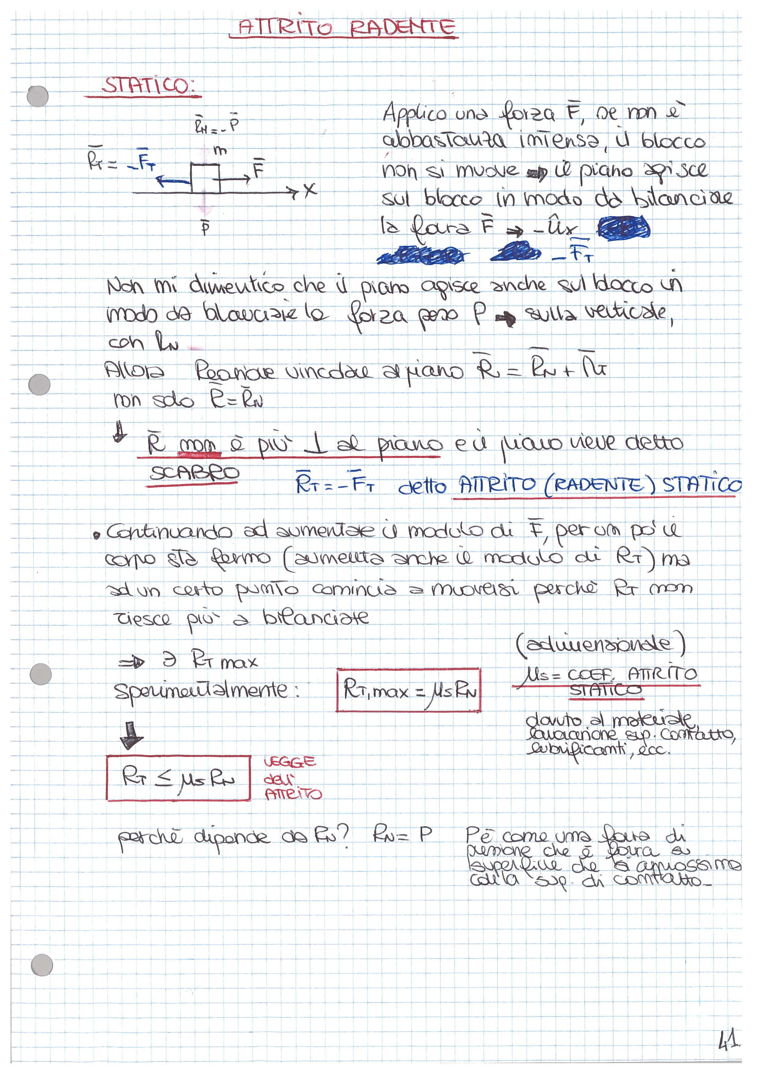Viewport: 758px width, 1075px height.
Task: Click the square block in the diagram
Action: coord(205,178)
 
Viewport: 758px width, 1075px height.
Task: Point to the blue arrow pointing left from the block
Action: coord(173,181)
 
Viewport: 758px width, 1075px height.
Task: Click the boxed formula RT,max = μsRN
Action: coord(408,690)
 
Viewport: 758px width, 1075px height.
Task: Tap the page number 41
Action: coord(727,1041)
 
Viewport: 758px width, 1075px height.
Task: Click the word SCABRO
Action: coord(194,474)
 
